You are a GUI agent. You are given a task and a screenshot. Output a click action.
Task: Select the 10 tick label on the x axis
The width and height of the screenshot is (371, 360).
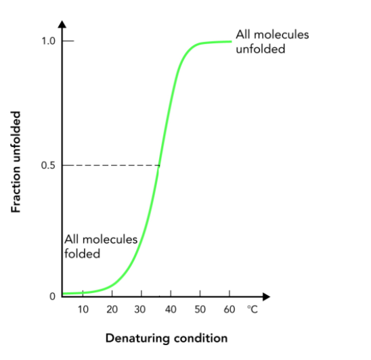83,309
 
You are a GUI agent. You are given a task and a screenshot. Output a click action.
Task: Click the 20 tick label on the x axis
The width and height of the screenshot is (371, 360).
112,309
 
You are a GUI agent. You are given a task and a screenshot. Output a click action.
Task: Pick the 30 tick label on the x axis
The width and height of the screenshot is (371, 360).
141,309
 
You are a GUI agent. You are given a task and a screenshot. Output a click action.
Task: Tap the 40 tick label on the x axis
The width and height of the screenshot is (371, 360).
171,309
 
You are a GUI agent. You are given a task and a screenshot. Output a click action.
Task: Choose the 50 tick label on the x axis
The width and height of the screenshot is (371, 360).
200,309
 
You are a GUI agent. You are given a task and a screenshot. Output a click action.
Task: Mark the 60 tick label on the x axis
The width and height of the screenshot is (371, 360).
229,309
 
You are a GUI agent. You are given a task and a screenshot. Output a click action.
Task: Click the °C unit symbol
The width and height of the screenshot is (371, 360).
253,309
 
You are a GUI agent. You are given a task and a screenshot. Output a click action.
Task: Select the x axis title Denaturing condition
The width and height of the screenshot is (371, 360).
167,338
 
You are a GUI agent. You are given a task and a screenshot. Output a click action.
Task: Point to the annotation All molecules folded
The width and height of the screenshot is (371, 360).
101,246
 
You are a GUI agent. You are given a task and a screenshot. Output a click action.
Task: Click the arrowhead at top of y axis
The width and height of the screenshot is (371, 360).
62,24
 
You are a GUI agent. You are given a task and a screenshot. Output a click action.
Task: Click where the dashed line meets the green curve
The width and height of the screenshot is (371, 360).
160,165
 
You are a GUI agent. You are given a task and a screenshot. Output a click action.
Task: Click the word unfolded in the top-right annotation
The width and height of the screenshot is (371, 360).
260,49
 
